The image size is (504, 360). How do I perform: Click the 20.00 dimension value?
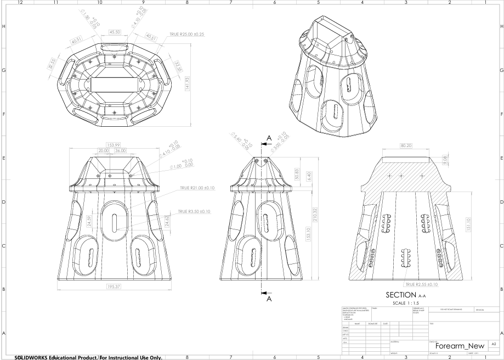pyautogui.click(x=103, y=150)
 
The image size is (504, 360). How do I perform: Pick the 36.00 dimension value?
pyautogui.click(x=120, y=150)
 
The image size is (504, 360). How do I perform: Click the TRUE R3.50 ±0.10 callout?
pyautogui.click(x=194, y=211)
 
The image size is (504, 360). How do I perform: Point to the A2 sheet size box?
pyautogui.click(x=494, y=344)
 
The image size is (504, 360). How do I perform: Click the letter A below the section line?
pyautogui.click(x=269, y=300)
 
